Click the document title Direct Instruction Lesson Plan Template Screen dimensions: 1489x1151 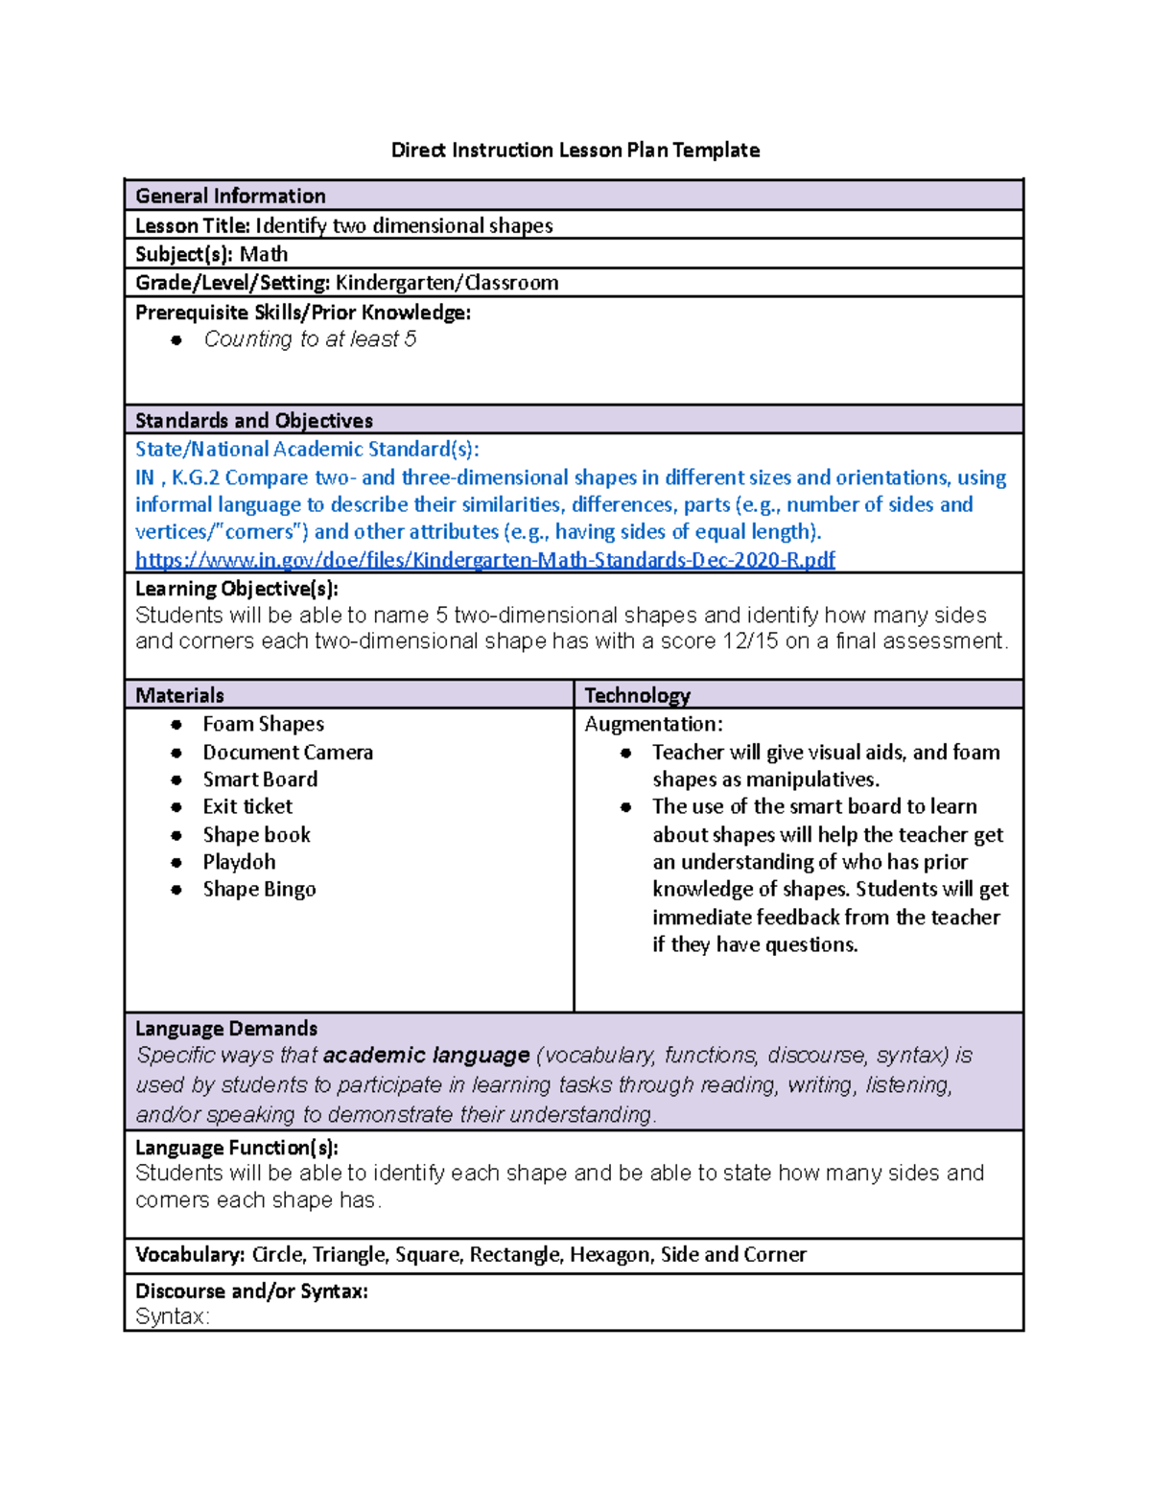tap(575, 151)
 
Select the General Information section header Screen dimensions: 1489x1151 tap(230, 197)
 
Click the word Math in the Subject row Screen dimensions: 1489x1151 tap(264, 254)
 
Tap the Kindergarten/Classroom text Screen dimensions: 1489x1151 tap(446, 283)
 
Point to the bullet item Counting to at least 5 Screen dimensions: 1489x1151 tap(310, 339)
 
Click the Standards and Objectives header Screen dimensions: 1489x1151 tap(253, 421)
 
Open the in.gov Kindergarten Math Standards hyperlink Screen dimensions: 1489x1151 tap(484, 560)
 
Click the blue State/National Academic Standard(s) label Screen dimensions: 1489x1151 tap(307, 450)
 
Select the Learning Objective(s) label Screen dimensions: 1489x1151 tap(236, 589)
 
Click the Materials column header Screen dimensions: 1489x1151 tap(179, 696)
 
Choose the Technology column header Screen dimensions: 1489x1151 tap(637, 696)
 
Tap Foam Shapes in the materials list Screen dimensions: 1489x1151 tap(263, 725)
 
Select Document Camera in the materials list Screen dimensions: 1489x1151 tap(288, 753)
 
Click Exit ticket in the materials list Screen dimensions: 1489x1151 tap(247, 807)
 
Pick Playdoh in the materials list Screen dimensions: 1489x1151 tap(239, 862)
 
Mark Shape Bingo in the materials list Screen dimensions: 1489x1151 tap(259, 890)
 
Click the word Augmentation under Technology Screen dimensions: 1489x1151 tap(652, 725)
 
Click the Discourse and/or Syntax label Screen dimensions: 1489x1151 tap(251, 1291)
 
